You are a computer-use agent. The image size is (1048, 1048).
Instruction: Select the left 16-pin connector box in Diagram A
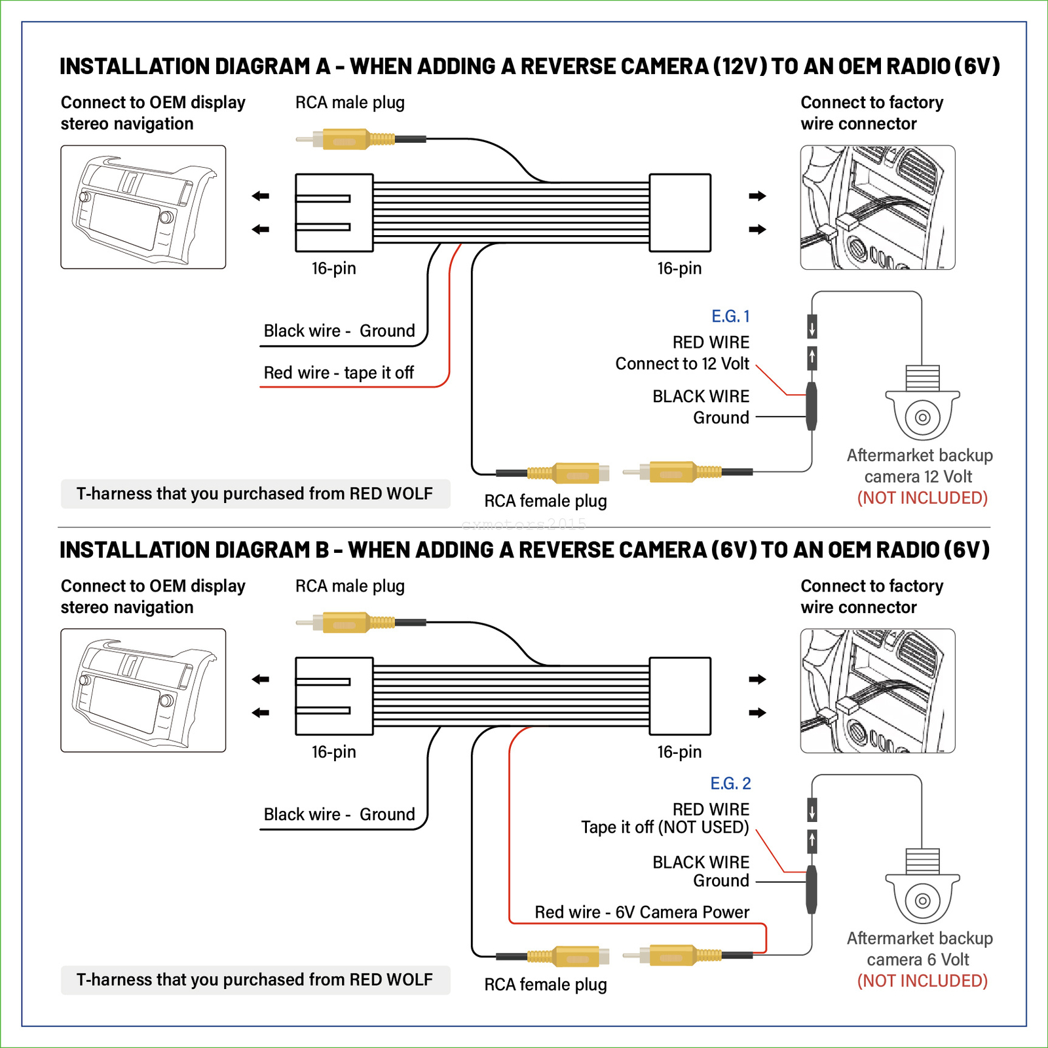[x=334, y=213]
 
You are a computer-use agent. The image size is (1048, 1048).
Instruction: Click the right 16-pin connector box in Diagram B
[x=680, y=696]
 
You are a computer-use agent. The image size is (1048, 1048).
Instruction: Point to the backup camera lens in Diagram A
[x=922, y=417]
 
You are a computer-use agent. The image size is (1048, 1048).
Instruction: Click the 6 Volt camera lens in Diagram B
[x=922, y=901]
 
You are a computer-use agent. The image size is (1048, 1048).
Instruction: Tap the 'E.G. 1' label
[x=730, y=316]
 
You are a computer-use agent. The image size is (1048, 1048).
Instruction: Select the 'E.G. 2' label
[x=730, y=783]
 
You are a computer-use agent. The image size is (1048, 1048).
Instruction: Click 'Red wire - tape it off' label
[x=339, y=373]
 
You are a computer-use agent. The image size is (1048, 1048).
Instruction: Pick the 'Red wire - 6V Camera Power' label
[x=642, y=912]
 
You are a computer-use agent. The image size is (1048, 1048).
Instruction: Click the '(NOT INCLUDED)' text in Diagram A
[x=922, y=498]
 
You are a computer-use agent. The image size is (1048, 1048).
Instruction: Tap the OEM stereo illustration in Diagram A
[x=143, y=207]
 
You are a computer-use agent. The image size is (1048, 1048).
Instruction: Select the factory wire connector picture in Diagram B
[x=878, y=691]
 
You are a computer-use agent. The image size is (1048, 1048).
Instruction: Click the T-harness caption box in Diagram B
[x=255, y=980]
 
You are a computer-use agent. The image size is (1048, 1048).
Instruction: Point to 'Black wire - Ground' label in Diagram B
[x=339, y=814]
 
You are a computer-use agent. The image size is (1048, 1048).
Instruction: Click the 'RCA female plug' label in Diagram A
[x=546, y=501]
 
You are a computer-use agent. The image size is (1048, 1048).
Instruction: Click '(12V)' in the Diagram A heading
[x=739, y=67]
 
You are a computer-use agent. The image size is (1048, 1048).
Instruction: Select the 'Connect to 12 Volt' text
[x=682, y=364]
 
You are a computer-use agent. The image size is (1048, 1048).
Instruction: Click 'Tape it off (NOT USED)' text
[x=665, y=827]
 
